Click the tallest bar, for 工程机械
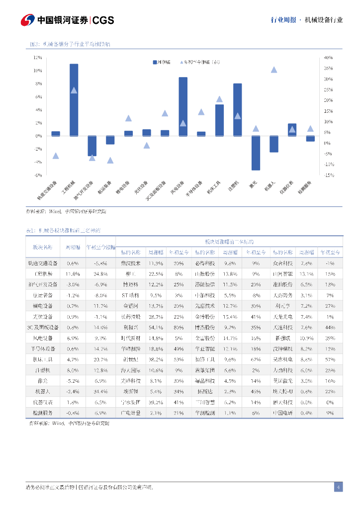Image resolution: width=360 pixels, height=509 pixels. pos(74,99)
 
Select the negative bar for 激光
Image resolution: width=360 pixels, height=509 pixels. pos(256,153)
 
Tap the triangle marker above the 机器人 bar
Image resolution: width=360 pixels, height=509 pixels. pos(274,70)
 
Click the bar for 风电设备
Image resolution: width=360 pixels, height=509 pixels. pos(183,106)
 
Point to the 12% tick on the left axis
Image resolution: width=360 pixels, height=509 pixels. pos(38,57)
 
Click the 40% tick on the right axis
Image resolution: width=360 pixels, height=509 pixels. pos(328,57)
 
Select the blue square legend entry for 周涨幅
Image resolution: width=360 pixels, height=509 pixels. pos(155,62)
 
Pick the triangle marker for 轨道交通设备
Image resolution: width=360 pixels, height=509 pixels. pos(56,156)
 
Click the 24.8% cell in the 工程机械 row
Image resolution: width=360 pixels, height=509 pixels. pos(100,274)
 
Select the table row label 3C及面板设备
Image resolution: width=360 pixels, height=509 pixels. pos(42,328)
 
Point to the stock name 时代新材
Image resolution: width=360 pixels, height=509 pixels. pos(131,338)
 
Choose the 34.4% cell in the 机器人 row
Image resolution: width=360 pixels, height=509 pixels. pos(100,392)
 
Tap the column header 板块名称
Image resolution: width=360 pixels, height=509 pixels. pos(42,247)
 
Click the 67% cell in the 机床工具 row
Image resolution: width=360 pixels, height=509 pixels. pos(256,359)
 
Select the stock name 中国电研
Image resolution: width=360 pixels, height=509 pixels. pos(282,413)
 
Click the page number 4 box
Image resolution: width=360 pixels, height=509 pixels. pos(338,487)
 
